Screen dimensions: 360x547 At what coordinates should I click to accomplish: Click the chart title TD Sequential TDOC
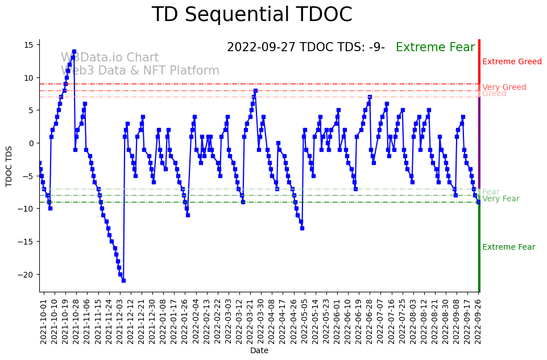coord(252,15)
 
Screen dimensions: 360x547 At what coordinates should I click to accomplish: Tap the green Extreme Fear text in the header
coord(435,48)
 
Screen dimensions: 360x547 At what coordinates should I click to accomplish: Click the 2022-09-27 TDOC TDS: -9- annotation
coord(305,48)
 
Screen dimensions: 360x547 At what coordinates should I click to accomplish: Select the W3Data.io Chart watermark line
coord(110,58)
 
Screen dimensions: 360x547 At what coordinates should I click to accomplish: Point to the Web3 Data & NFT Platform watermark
coord(140,71)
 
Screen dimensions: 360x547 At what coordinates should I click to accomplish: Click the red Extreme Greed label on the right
coord(512,62)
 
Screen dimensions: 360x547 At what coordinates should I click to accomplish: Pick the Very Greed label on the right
coord(504,87)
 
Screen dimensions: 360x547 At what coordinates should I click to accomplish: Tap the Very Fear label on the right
coord(500,199)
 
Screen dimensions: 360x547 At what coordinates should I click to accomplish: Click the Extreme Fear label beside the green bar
coord(508,247)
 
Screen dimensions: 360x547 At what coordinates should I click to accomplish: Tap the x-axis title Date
coord(259,351)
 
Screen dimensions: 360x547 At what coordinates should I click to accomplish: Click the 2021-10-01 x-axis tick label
coord(43,320)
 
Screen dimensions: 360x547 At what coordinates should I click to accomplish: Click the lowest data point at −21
coord(123,280)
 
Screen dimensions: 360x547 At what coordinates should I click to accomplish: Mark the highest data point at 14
coord(74,51)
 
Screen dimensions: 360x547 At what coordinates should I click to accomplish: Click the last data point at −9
coord(478,202)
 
